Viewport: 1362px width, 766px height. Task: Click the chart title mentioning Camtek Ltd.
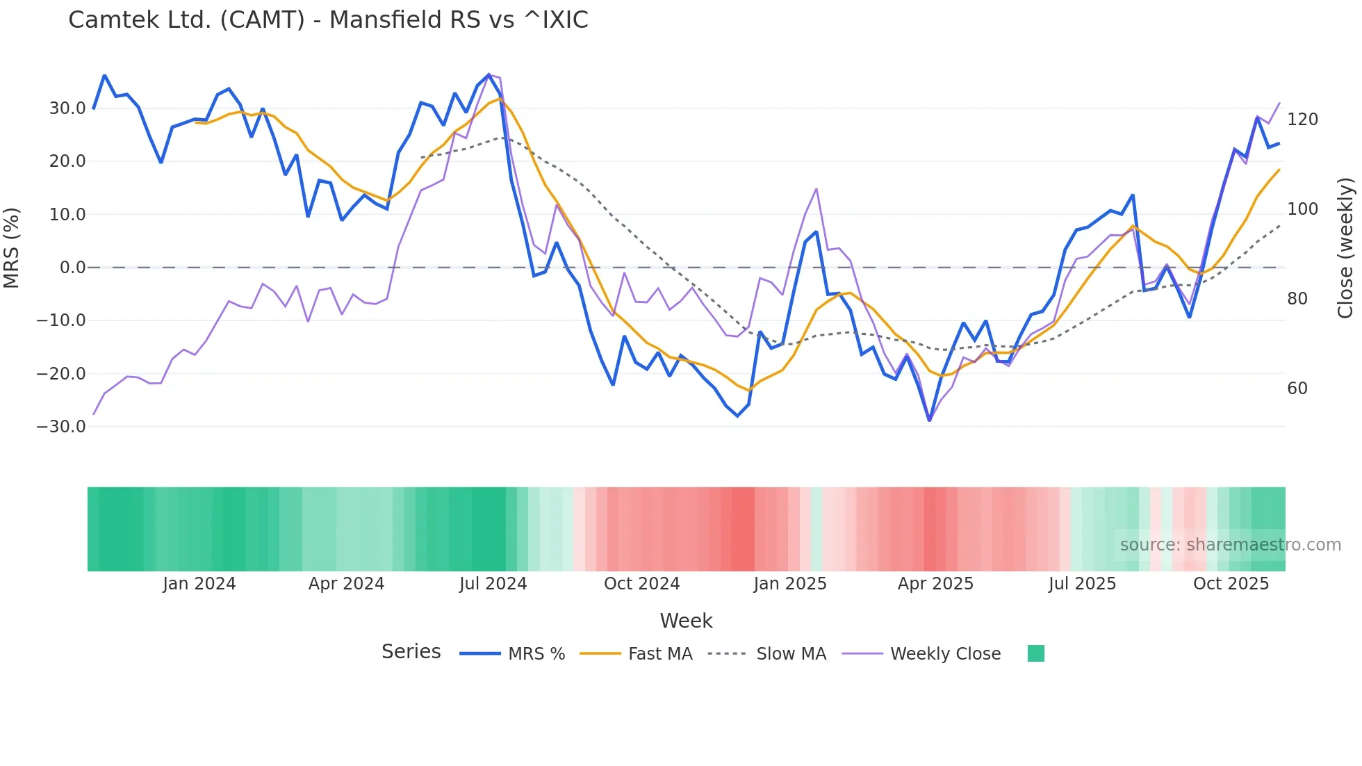(x=328, y=20)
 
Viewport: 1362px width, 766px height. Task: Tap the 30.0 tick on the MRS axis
(x=67, y=108)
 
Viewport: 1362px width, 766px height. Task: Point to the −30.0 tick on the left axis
(x=61, y=427)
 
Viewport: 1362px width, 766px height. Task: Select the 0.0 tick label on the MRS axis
(x=72, y=268)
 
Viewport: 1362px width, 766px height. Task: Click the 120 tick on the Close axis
(x=1302, y=120)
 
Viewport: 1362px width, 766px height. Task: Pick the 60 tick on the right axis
(x=1297, y=389)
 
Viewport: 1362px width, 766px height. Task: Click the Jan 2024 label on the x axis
(x=199, y=584)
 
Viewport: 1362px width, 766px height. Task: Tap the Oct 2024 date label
(x=641, y=584)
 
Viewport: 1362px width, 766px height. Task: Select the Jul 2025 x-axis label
(x=1082, y=584)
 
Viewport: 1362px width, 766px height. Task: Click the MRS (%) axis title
(x=12, y=248)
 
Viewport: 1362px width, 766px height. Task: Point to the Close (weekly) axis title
(x=1345, y=248)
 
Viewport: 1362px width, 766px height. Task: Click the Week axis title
(x=686, y=621)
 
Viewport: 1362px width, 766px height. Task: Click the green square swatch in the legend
(x=1035, y=653)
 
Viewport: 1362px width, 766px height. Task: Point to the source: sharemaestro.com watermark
(x=1230, y=545)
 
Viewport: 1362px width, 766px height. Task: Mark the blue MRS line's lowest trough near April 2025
(x=929, y=420)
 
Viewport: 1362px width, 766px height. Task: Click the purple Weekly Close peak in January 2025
(x=816, y=189)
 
